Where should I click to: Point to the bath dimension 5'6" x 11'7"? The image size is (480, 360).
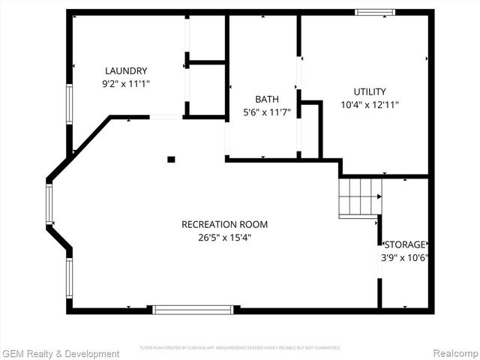(x=266, y=112)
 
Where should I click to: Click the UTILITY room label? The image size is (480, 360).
(x=369, y=91)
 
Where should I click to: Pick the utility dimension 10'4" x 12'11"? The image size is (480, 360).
(x=369, y=105)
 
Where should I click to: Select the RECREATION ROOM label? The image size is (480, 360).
(x=224, y=224)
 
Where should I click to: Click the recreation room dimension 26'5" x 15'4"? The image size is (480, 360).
(x=224, y=238)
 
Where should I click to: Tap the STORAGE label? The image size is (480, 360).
(x=405, y=244)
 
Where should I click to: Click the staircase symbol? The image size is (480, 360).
(x=360, y=198)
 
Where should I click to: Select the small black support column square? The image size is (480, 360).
(x=171, y=159)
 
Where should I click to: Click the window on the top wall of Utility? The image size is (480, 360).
(x=374, y=12)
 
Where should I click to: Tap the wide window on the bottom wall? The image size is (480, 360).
(x=193, y=308)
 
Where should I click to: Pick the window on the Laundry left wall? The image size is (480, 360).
(x=69, y=104)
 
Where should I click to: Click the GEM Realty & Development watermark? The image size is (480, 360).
(x=61, y=353)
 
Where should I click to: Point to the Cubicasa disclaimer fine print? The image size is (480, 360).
(x=240, y=348)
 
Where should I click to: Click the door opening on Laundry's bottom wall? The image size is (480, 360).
(x=166, y=117)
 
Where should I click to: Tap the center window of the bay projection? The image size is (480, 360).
(x=49, y=204)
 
